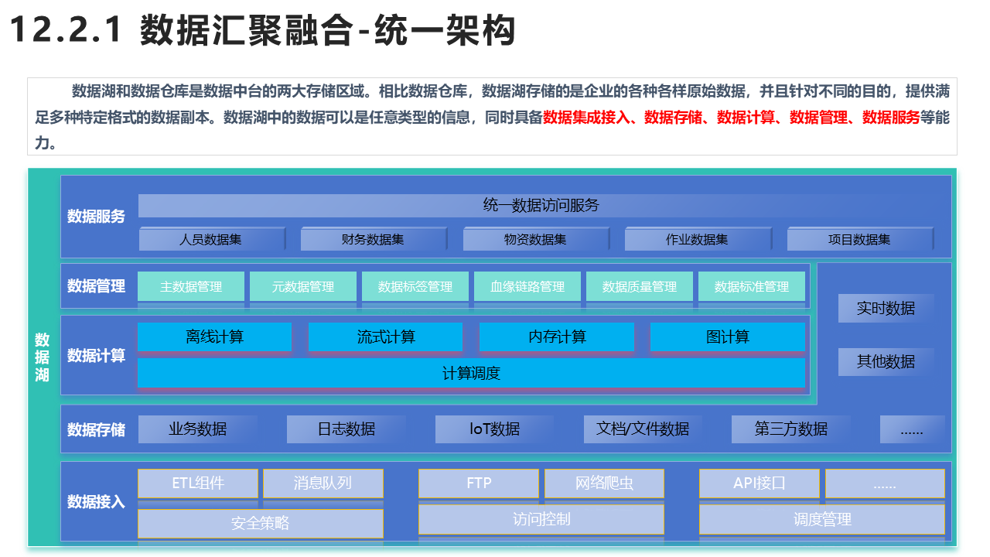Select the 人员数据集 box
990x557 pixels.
click(x=212, y=239)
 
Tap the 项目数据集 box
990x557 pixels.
click(x=859, y=239)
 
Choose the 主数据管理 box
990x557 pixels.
click(x=191, y=286)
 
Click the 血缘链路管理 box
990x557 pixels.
click(x=527, y=286)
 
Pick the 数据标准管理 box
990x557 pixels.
click(x=751, y=286)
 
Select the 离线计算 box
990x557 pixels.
click(x=215, y=337)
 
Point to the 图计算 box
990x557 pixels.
click(x=728, y=337)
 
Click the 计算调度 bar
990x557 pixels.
click(x=471, y=373)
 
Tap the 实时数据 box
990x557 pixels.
click(x=886, y=308)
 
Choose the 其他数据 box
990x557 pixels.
click(x=886, y=361)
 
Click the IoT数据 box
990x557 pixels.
click(x=494, y=429)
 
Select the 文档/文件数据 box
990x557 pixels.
click(x=643, y=429)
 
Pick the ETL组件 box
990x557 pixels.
click(x=198, y=484)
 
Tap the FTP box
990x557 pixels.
click(x=479, y=484)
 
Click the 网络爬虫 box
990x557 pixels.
click(x=604, y=484)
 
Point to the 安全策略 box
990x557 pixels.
click(x=261, y=524)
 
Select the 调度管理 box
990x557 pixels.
click(x=822, y=519)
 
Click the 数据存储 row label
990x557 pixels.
click(x=96, y=429)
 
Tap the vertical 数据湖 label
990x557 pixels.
click(x=42, y=357)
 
